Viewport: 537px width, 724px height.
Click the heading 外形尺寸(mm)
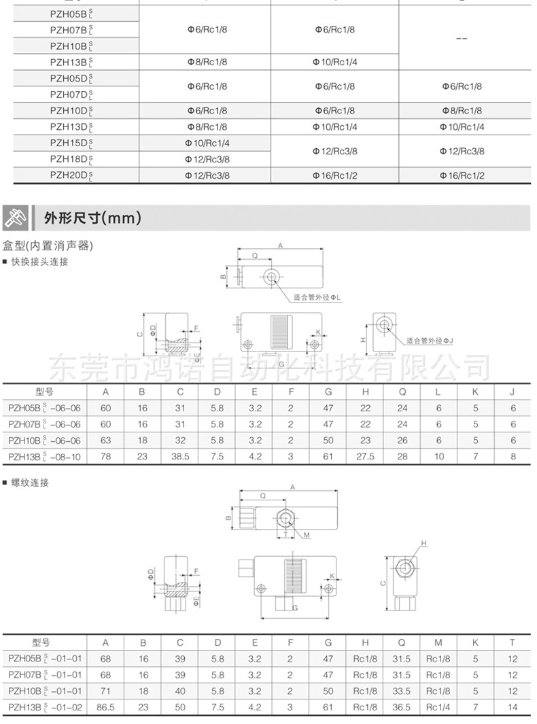tap(92, 218)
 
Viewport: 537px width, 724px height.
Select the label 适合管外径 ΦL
tap(317, 298)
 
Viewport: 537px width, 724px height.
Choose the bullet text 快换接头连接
tap(39, 262)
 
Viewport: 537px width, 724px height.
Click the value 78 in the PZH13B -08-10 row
tap(105, 457)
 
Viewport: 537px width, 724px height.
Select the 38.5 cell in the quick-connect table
tap(180, 457)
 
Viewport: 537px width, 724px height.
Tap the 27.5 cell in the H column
tap(365, 457)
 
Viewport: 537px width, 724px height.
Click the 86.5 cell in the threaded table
tap(105, 708)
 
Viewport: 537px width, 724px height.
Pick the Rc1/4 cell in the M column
tap(438, 708)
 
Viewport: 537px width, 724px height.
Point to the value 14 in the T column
tap(513, 708)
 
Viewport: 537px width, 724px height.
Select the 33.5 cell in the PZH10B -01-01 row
tap(402, 691)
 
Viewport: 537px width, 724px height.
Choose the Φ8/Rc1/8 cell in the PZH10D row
tap(462, 111)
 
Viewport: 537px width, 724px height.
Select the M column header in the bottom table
tap(438, 642)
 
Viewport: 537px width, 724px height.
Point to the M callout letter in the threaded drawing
tap(307, 535)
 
